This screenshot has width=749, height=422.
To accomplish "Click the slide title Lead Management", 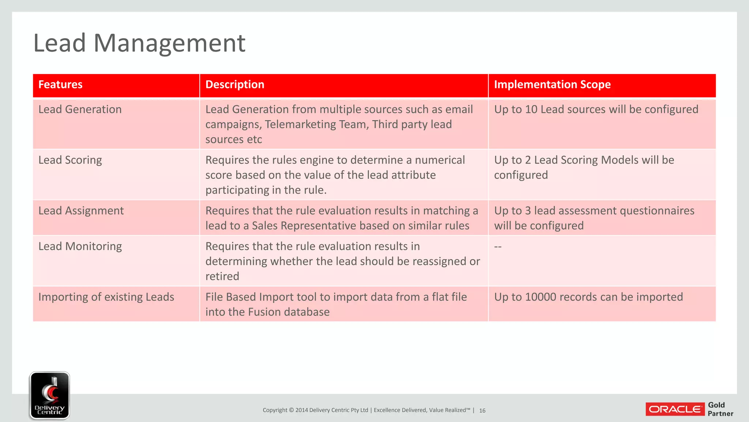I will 139,43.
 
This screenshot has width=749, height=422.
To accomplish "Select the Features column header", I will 60,85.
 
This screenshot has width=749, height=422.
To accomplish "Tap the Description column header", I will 235,85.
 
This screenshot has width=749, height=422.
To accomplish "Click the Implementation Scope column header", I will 552,85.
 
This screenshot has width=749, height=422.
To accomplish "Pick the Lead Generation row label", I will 80,110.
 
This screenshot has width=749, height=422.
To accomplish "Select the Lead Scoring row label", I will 70,160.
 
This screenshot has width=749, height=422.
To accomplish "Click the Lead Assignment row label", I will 81,211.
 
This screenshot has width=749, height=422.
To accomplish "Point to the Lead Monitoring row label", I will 80,246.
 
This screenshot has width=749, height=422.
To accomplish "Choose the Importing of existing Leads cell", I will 106,297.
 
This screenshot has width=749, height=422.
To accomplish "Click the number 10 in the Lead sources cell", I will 531,110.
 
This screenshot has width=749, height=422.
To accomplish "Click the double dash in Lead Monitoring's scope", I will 498,247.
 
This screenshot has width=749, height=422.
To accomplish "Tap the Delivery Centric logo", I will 49,395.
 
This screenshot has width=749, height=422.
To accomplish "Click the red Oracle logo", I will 675,409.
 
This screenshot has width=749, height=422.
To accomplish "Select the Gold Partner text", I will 720,409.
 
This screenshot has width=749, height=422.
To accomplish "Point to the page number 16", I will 482,411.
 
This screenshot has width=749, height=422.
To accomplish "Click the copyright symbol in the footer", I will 291,410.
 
